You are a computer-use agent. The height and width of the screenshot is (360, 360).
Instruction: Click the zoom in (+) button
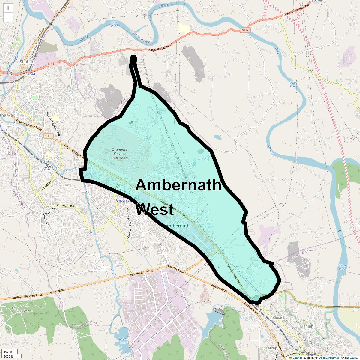click(8, 8)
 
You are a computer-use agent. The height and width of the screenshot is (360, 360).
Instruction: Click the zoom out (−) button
click(8, 17)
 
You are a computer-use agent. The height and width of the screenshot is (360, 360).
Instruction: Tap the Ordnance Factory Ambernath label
click(120, 154)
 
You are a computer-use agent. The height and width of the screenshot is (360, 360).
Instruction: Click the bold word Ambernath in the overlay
click(179, 185)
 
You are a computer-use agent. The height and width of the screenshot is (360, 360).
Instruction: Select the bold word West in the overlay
click(155, 209)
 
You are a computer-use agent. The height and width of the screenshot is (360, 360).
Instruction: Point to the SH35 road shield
click(48, 136)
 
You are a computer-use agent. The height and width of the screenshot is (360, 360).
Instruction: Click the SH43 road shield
click(150, 271)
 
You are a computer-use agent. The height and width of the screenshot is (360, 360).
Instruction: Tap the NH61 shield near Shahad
click(52, 64)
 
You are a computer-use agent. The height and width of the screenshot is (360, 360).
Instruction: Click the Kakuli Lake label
click(124, 341)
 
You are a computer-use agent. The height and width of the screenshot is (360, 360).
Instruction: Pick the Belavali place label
click(277, 318)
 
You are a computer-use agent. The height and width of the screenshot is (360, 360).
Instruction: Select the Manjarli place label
click(307, 326)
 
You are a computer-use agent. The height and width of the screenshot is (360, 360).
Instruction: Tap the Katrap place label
click(271, 348)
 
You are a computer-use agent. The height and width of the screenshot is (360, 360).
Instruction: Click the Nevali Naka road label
click(57, 291)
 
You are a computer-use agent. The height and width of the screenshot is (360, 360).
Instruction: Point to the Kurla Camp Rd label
click(66, 206)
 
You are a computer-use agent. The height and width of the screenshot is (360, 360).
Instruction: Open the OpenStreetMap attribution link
click(329, 358)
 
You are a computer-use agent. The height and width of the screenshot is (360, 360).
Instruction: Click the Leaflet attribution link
click(297, 358)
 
